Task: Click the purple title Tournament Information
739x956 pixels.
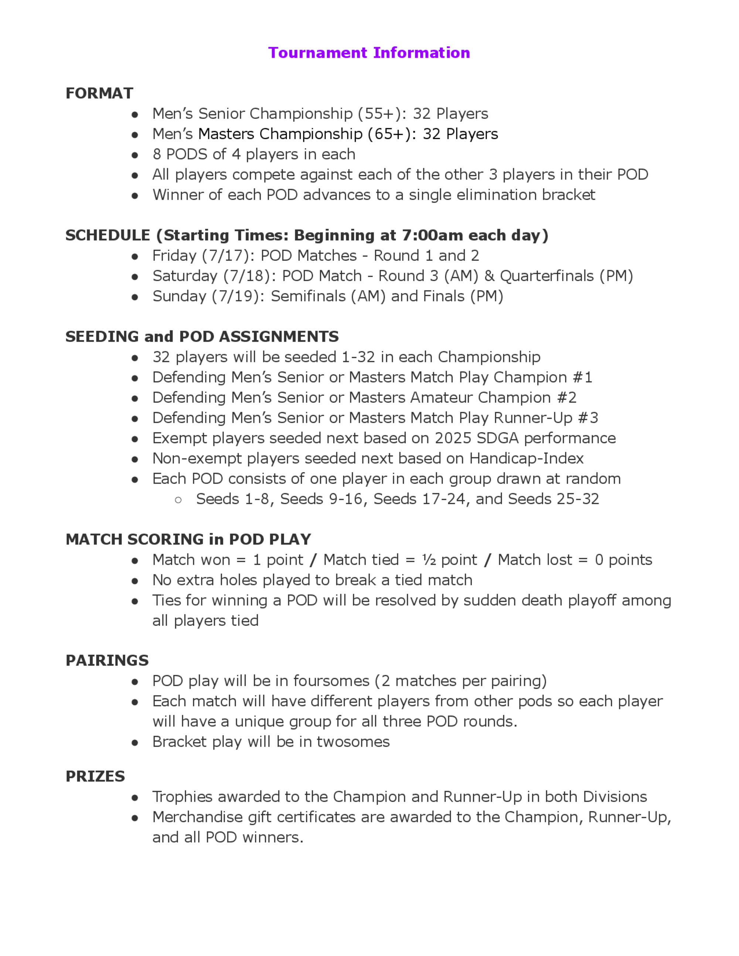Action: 369,52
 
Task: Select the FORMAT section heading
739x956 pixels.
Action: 99,93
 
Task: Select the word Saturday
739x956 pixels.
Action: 185,276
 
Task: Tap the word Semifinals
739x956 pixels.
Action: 308,296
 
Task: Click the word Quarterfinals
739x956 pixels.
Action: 547,276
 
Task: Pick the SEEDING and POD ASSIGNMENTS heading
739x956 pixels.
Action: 202,337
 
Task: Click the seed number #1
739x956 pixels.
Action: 582,377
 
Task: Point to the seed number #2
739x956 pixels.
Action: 566,397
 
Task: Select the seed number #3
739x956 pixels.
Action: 588,418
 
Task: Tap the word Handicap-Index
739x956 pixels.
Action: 526,458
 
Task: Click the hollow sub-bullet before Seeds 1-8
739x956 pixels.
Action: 178,499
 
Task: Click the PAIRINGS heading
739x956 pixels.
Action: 107,660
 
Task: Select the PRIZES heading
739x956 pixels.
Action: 95,776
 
